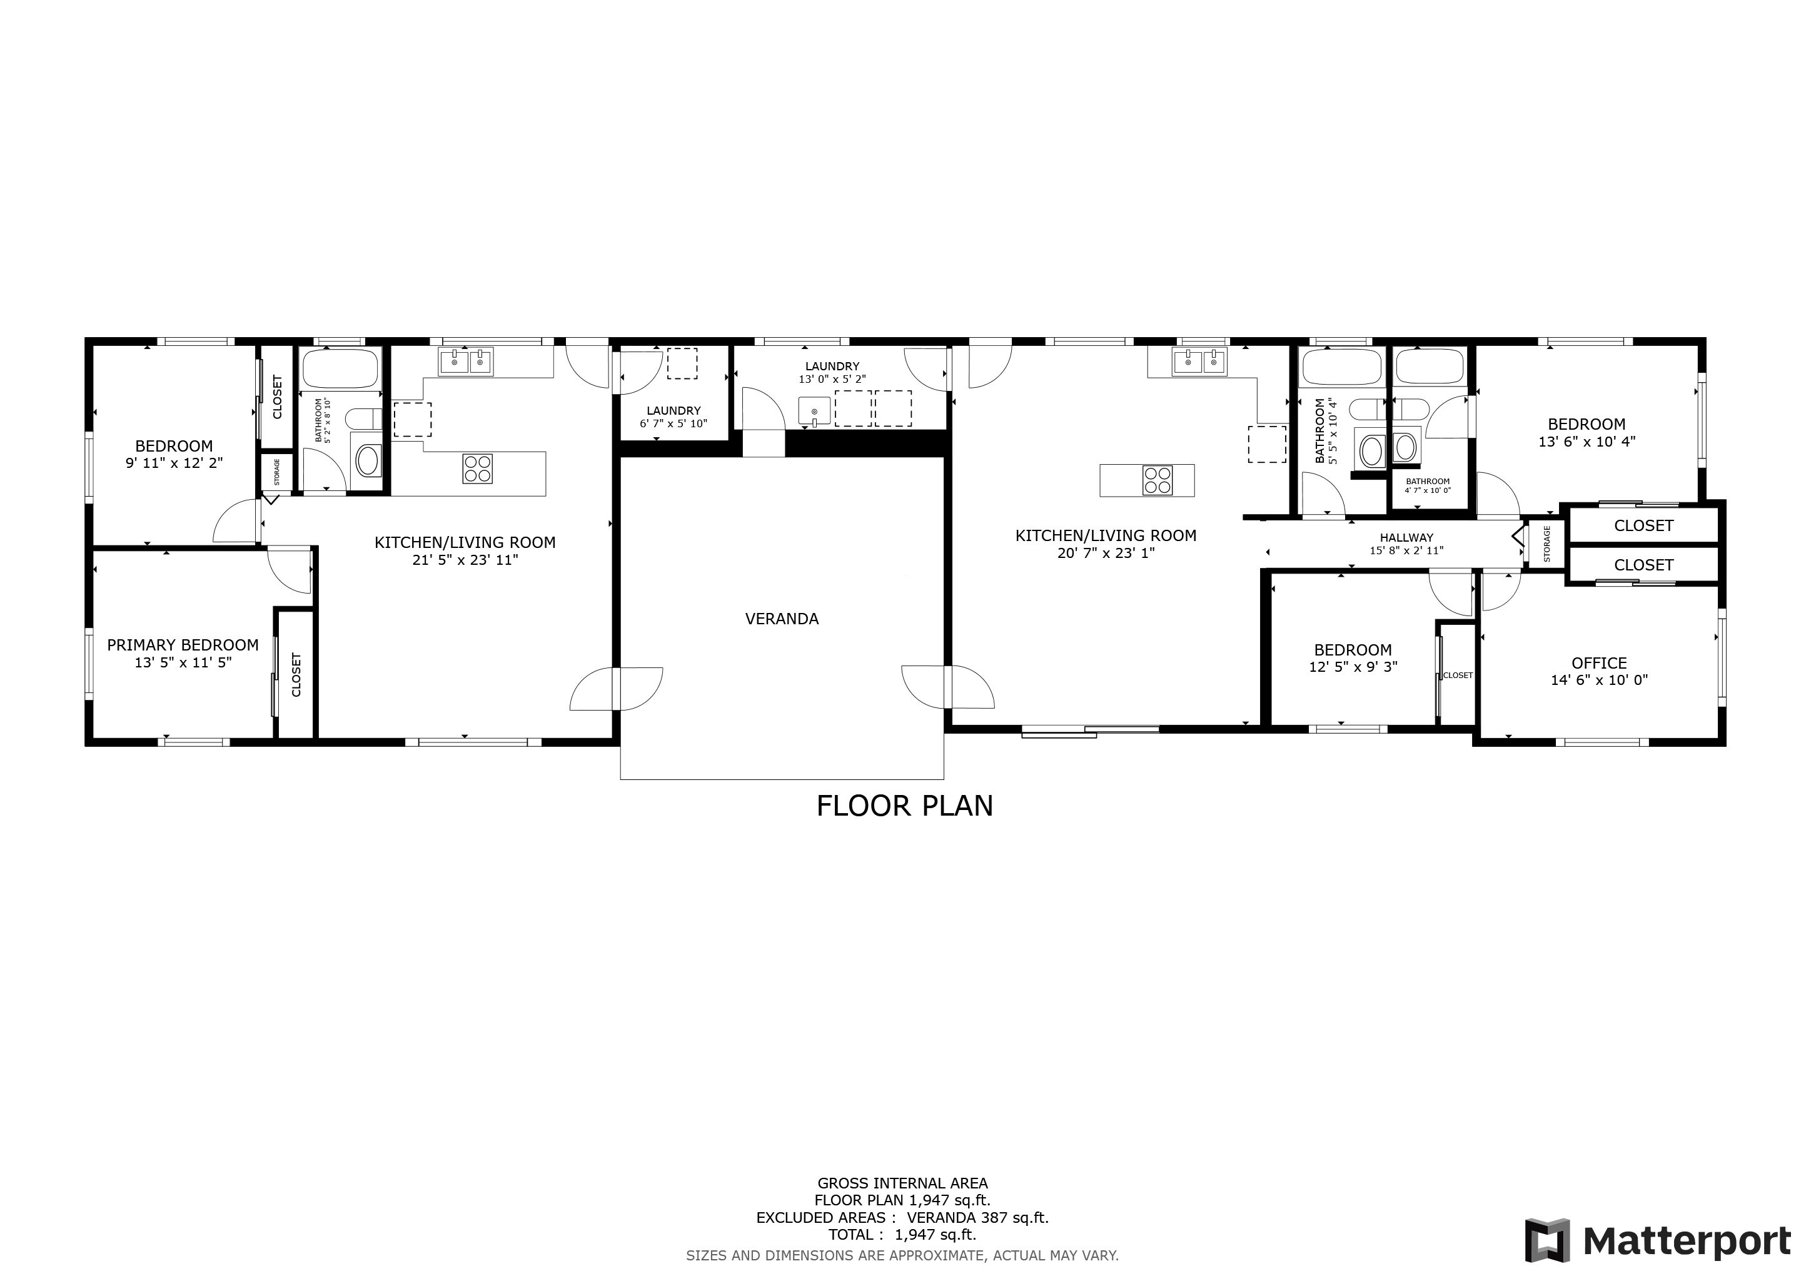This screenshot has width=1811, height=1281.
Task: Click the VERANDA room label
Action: [x=782, y=619]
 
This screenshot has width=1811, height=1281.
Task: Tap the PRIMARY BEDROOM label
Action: [x=183, y=646]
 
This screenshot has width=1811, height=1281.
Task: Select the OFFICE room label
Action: [x=1599, y=664]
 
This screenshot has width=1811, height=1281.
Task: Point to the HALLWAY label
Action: [x=1406, y=538]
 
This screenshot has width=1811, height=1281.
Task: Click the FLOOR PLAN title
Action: [x=905, y=806]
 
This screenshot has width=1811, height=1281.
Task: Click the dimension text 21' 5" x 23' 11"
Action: [x=465, y=560]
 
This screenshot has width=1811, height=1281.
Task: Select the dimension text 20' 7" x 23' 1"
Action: [x=1106, y=553]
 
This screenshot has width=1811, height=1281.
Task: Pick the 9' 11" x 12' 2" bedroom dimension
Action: [x=174, y=463]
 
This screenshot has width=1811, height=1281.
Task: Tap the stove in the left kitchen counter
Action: [x=478, y=468]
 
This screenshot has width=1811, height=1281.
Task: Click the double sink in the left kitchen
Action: [x=466, y=362]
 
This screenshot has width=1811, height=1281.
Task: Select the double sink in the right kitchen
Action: [x=1201, y=362]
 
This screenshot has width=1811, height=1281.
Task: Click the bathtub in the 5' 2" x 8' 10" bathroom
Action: [x=341, y=368]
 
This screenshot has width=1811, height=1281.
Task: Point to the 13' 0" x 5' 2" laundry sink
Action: [x=815, y=412]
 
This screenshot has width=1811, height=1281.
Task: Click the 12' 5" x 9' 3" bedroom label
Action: [x=1353, y=650]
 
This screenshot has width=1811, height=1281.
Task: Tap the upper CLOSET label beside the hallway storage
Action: [x=1644, y=525]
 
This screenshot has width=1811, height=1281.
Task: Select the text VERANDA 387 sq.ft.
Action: [x=978, y=1217]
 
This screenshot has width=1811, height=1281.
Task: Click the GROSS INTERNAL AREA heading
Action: [x=902, y=1183]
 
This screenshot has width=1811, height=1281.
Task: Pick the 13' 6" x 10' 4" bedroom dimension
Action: [x=1587, y=442]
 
